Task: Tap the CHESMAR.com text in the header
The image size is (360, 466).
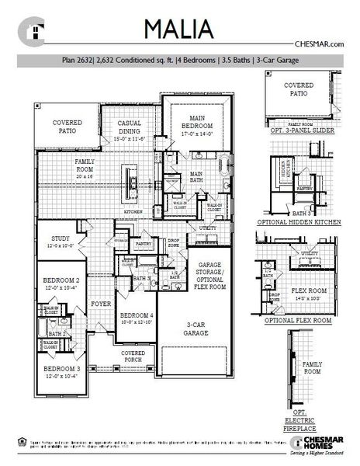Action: pos(320,45)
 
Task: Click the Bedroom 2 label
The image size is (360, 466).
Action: pos(61,283)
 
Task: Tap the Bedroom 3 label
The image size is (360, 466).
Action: pos(61,371)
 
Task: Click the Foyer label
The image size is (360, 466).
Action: pos(100,304)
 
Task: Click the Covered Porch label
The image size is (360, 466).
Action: pos(133,356)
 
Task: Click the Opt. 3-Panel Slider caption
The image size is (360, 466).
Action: pos(302,130)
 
